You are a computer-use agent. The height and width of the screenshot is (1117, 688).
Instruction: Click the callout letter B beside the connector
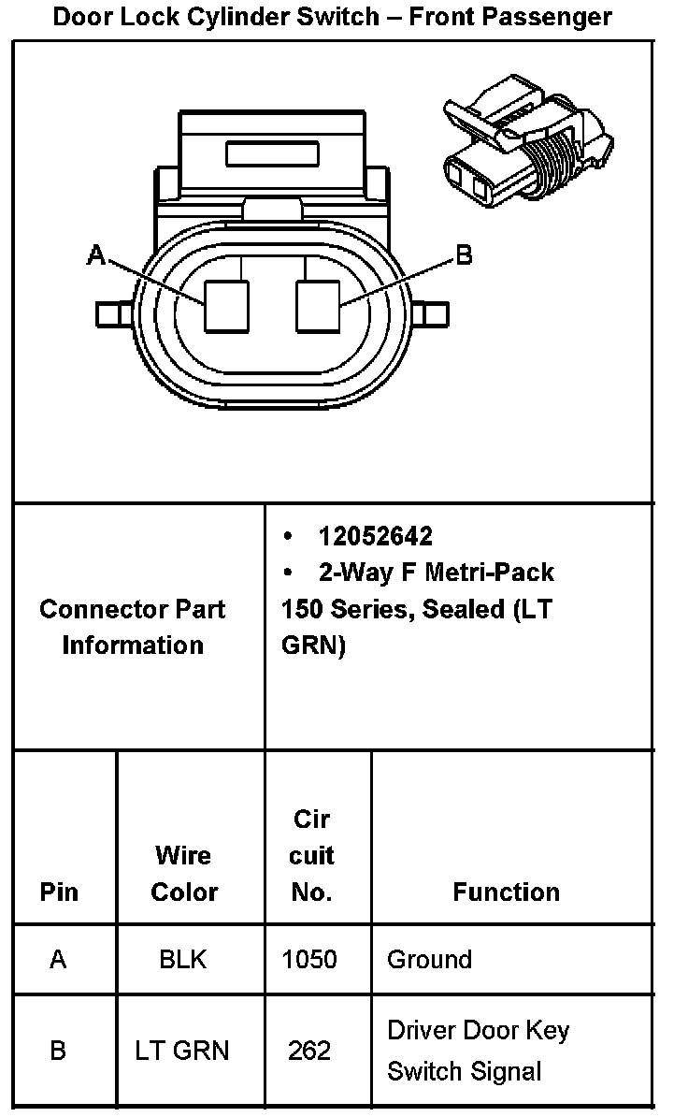pos(464,254)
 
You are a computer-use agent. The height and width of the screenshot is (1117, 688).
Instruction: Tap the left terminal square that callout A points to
pos(227,306)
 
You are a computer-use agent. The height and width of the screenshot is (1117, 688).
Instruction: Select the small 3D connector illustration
pos(528,142)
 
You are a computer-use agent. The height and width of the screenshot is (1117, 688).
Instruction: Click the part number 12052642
pos(375,536)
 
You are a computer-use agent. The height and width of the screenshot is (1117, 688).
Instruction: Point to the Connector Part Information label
pos(133,627)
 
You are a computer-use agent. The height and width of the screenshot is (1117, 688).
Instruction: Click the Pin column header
pos(59,892)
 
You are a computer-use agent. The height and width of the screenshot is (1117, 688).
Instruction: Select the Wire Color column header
pos(183,873)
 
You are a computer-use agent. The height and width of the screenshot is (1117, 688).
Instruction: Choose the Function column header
pos(506,892)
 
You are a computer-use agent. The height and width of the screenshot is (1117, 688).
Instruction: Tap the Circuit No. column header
pos(311,855)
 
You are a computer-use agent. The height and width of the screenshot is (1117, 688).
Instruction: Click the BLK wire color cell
pos(183,959)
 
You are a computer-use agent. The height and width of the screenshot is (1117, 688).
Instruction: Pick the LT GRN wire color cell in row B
pos(182,1051)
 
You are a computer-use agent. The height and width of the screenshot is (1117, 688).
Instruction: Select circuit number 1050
pos(309,959)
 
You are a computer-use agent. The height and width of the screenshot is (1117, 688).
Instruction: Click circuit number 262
pos(309,1051)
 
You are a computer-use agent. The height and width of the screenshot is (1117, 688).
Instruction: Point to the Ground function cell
pos(429,959)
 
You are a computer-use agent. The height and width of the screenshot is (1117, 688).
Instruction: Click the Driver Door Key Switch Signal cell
pos(478,1051)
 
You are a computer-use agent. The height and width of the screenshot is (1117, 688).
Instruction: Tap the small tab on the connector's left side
pos(111,313)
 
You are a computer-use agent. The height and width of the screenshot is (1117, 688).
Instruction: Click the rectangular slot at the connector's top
pos(272,153)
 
